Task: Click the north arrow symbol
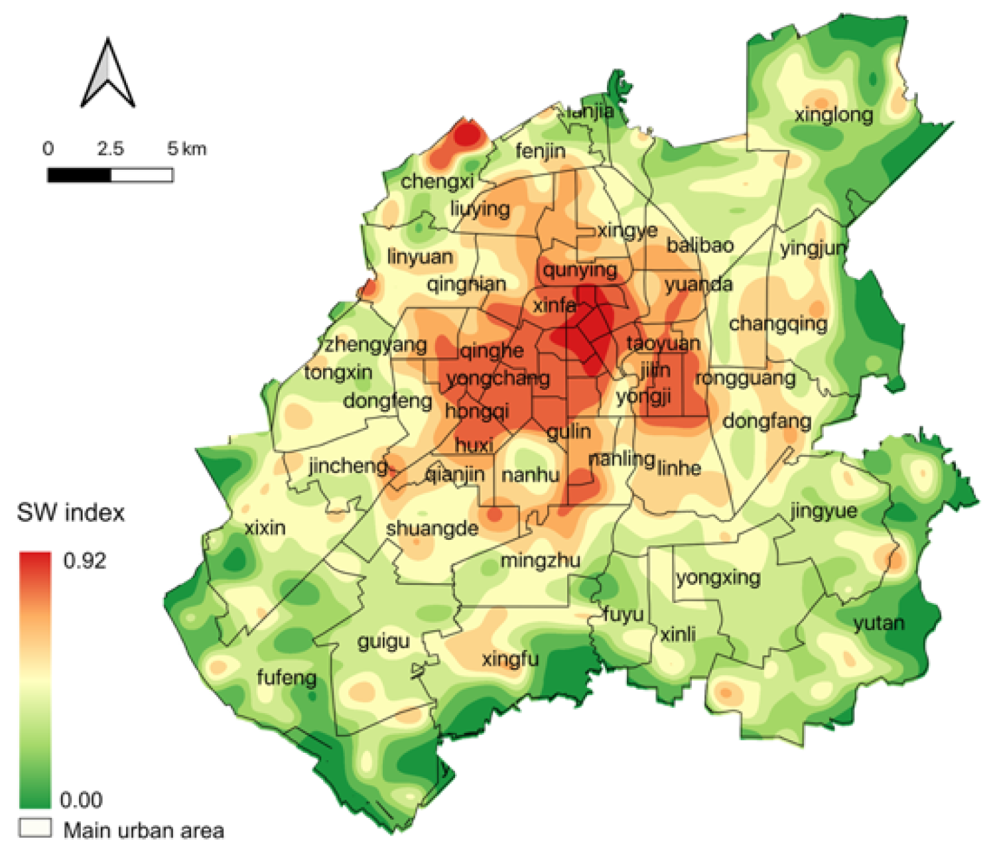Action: (x=107, y=74)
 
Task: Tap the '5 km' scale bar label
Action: (x=186, y=149)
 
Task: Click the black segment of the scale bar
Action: (x=79, y=175)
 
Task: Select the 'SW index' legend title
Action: (x=70, y=513)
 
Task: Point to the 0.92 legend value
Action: (x=84, y=560)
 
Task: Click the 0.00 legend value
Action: (x=81, y=799)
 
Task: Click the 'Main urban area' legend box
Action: (x=35, y=828)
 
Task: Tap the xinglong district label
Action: (x=834, y=115)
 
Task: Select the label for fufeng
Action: (x=287, y=677)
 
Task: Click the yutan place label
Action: (x=879, y=623)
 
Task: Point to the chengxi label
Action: (x=437, y=181)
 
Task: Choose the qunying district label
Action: (x=580, y=270)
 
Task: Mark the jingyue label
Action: (x=823, y=511)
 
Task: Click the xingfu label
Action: (x=510, y=659)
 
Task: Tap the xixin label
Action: (x=265, y=528)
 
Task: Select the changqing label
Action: (x=778, y=324)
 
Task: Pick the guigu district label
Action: (x=383, y=641)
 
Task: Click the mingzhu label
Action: (x=540, y=560)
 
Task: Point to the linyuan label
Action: (x=420, y=257)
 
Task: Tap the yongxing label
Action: (x=718, y=577)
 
